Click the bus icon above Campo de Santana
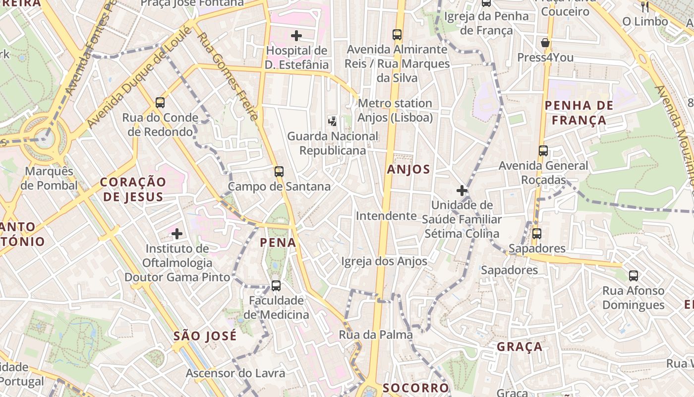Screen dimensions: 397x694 pyautogui.click(x=279, y=172)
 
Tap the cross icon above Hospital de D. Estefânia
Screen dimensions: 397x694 pyautogui.click(x=296, y=36)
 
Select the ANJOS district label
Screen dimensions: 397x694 pyautogui.click(x=415, y=169)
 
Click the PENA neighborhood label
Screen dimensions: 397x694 pyautogui.click(x=278, y=243)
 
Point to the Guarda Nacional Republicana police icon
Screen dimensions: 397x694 pyautogui.click(x=333, y=121)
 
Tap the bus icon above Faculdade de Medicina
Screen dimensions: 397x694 pyautogui.click(x=276, y=286)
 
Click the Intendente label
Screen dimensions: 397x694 pyautogui.click(x=386, y=216)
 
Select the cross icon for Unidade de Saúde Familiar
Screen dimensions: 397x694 pyautogui.click(x=462, y=191)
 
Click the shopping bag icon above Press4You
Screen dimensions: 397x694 pyautogui.click(x=545, y=43)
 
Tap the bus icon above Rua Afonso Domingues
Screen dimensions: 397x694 pyautogui.click(x=634, y=276)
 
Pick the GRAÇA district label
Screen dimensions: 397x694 pyautogui.click(x=520, y=346)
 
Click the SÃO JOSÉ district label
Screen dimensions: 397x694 pyautogui.click(x=205, y=336)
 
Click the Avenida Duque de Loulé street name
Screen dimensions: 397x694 pyautogui.click(x=139, y=77)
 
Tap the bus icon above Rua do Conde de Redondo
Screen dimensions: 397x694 pyautogui.click(x=160, y=103)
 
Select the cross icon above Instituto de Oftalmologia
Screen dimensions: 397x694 pyautogui.click(x=177, y=233)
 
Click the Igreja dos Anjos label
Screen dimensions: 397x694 pyautogui.click(x=384, y=261)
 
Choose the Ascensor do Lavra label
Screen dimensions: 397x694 pyautogui.click(x=235, y=373)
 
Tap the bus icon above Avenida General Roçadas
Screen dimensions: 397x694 pyautogui.click(x=543, y=151)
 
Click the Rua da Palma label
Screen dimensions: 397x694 pyautogui.click(x=376, y=335)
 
